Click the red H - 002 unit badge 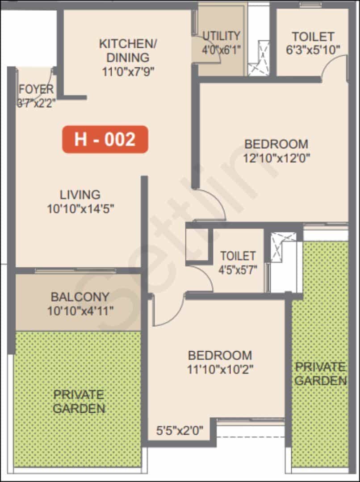105,139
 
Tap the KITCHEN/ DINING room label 128,51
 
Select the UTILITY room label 221,36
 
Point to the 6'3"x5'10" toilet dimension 313,50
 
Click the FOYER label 36,89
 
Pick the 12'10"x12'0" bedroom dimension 276,158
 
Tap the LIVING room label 80,195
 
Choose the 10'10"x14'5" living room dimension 80,209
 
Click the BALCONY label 80,297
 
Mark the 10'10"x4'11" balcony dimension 80,311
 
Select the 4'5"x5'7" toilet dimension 238,270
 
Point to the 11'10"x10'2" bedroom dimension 220,370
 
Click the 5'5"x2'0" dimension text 180,431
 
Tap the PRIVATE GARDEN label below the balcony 79,402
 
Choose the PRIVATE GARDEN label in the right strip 321,374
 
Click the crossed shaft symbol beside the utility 259,58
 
